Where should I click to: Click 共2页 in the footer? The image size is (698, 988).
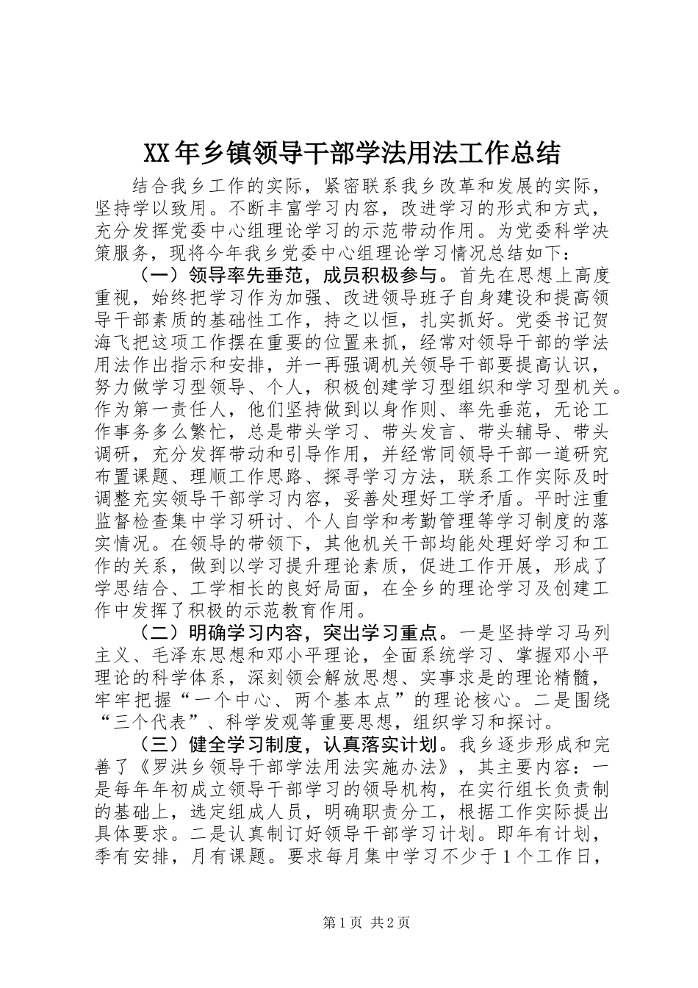390,922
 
